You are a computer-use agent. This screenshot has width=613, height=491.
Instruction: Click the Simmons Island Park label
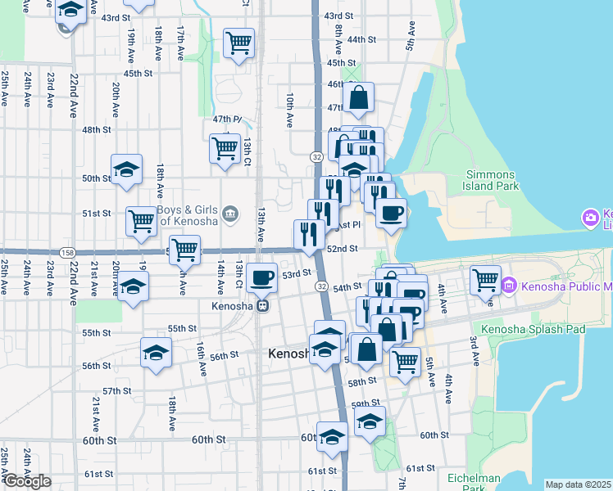pyautogui.click(x=491, y=180)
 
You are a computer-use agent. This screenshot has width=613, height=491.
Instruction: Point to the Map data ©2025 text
pyautogui.click(x=577, y=484)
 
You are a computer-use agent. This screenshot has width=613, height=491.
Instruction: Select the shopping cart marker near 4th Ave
pyautogui.click(x=485, y=280)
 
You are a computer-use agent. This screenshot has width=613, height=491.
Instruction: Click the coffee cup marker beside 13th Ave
pyautogui.click(x=262, y=278)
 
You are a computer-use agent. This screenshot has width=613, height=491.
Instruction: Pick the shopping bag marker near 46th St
pyautogui.click(x=359, y=97)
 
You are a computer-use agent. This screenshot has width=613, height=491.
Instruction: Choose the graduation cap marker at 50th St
pyautogui.click(x=127, y=169)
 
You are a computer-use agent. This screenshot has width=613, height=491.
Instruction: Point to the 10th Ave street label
pyautogui.click(x=289, y=109)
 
